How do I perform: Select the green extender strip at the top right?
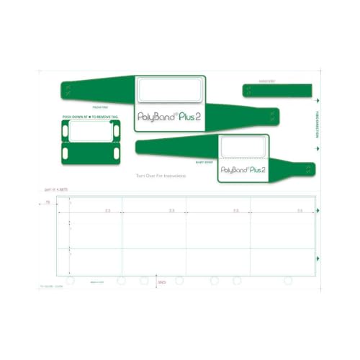coord(278,91)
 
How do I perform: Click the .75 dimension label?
coord(48,204)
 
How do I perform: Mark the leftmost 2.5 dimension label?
coord(107,210)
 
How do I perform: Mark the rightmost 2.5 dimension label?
coord(300,210)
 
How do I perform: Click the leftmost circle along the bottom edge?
coord(70,279)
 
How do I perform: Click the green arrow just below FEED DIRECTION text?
coord(318,148)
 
